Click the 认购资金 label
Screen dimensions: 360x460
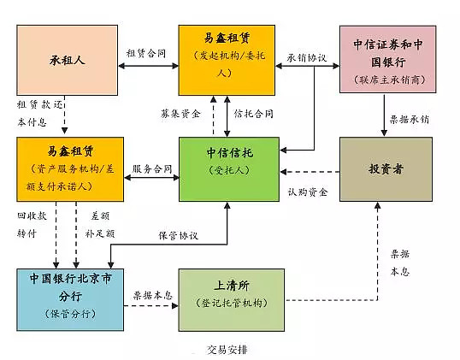(x=307, y=191)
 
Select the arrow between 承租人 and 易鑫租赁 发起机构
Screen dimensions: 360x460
(x=148, y=65)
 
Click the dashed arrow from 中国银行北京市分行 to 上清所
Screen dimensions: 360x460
(x=147, y=305)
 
